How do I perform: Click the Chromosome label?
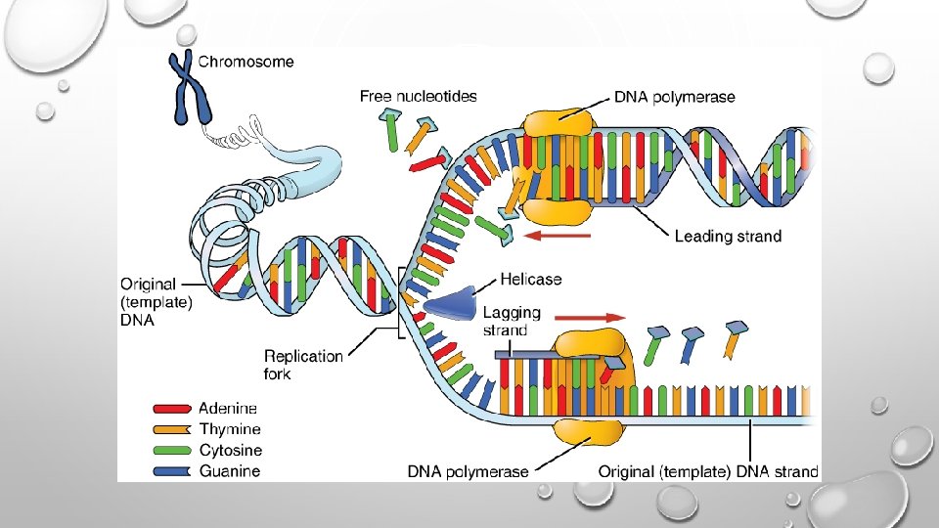(x=246, y=62)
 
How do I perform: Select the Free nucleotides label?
(x=418, y=96)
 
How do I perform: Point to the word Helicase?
(x=530, y=280)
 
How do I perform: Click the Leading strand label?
(x=728, y=236)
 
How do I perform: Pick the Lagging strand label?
(x=512, y=321)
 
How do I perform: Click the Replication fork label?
(x=303, y=364)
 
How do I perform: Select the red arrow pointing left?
(x=558, y=236)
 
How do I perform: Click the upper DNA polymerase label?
(x=675, y=97)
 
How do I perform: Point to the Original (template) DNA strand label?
(x=708, y=471)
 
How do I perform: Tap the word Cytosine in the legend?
(x=230, y=450)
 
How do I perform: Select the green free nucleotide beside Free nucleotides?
(x=393, y=132)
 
